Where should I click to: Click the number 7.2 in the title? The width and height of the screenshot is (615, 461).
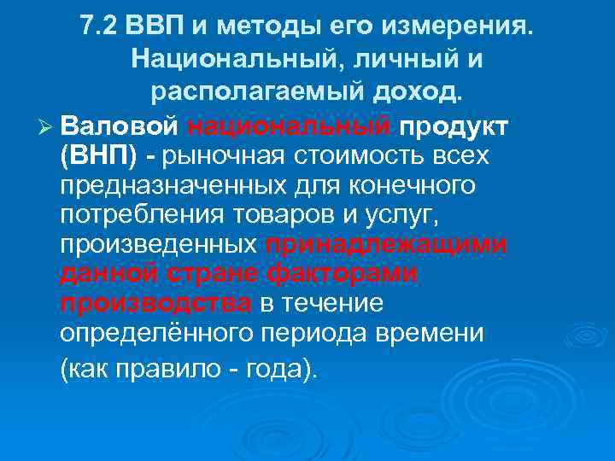pos(100,26)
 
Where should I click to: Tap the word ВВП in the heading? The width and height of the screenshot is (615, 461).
pos(152,26)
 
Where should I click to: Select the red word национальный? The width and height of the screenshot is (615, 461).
pos(286,126)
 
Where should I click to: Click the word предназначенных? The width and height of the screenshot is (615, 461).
pos(173,186)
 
